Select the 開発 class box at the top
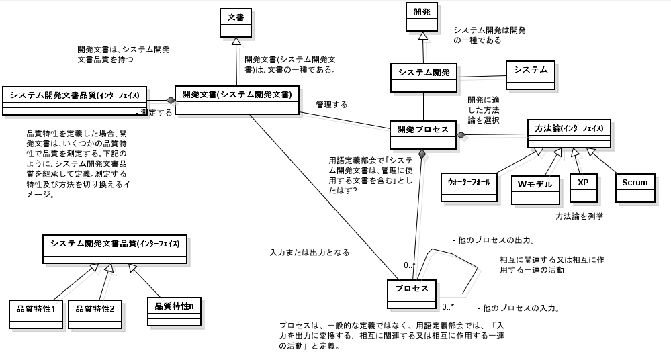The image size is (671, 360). tap(422, 17)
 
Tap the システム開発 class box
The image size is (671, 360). tap(423, 77)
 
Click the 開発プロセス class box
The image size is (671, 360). tap(423, 134)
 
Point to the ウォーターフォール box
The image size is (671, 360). tap(469, 187)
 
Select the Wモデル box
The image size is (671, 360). tap(535, 188)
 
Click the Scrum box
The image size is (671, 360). tap(635, 186)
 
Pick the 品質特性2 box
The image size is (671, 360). tap(95, 314)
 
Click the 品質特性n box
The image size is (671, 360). tap(174, 311)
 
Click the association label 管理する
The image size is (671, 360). tap(332, 105)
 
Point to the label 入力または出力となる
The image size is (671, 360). tap(309, 253)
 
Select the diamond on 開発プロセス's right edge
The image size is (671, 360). tap(461, 135)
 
